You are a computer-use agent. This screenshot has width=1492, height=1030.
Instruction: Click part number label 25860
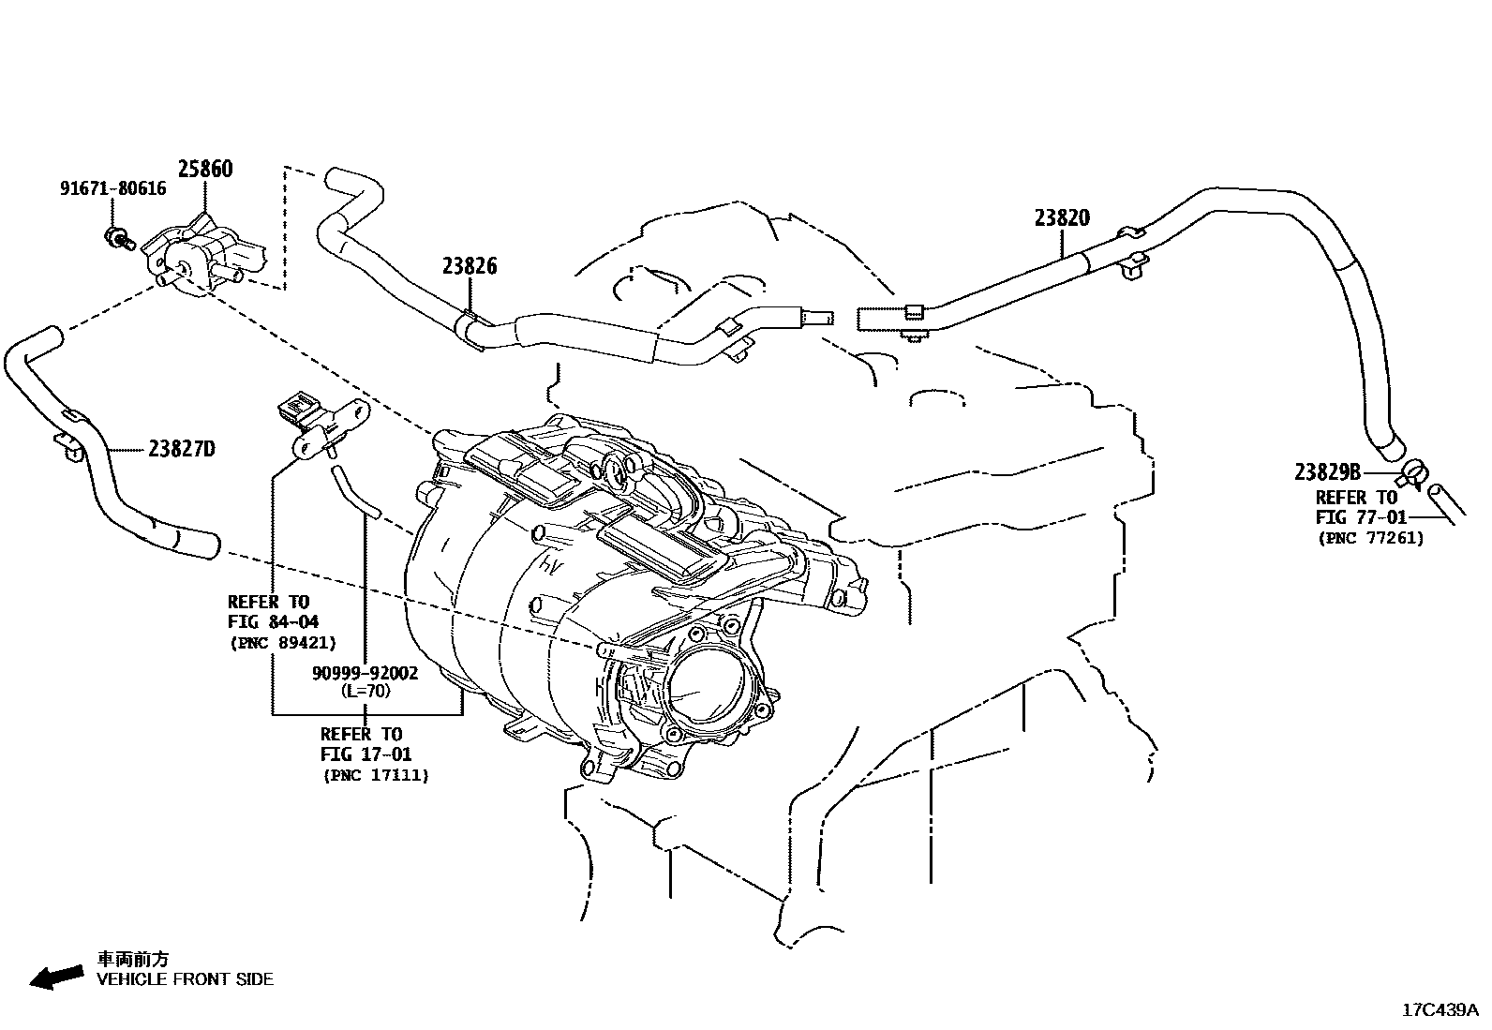[x=205, y=170]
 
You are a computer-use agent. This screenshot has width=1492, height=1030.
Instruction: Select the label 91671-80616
[x=112, y=188]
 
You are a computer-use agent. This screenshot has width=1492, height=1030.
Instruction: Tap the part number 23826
[x=470, y=266]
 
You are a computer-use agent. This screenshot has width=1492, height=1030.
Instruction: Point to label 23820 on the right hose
[x=1062, y=218]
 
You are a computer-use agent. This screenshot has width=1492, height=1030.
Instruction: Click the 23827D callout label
[x=181, y=449]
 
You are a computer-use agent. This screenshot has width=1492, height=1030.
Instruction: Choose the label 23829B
[x=1327, y=471]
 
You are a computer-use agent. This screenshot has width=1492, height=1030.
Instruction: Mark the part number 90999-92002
[x=366, y=673]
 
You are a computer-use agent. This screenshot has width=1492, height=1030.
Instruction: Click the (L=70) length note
[x=366, y=691]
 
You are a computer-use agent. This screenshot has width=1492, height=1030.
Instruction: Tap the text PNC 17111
[x=375, y=775]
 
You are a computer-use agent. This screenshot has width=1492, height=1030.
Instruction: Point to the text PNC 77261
[x=1370, y=538]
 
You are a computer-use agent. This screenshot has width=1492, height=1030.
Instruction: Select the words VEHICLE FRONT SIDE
[x=186, y=979]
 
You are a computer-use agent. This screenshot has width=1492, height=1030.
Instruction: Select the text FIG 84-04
[x=273, y=622]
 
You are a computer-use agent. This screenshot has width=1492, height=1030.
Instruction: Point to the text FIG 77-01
[x=1362, y=517]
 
